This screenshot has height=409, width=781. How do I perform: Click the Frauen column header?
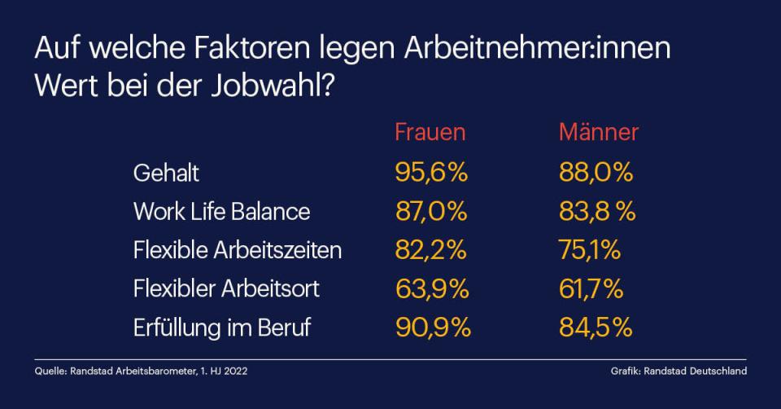click(430, 133)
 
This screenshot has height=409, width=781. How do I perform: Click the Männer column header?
click(598, 133)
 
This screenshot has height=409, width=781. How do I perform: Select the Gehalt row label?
click(166, 173)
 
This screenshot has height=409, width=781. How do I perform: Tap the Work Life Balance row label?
click(221, 212)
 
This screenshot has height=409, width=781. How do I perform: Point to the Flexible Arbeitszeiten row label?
click(237, 250)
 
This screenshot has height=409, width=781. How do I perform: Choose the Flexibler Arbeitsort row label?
click(226, 288)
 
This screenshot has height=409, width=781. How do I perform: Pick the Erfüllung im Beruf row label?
click(221, 328)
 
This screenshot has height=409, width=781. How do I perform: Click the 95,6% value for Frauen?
click(431, 173)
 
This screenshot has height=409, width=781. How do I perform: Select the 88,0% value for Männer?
click(596, 173)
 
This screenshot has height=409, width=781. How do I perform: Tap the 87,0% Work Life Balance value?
click(431, 212)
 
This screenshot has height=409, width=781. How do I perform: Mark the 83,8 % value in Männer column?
click(596, 212)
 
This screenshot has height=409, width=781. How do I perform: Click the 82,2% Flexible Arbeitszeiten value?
click(430, 250)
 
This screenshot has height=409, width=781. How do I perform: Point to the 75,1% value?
click(589, 250)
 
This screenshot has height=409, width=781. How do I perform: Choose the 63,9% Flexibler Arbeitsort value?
click(431, 288)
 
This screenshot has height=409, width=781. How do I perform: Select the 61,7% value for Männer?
click(591, 288)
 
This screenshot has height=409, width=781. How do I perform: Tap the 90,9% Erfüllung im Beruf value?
click(433, 328)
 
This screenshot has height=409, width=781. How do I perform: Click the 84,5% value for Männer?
click(596, 328)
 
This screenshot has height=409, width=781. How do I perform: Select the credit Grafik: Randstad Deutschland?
click(678, 372)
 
